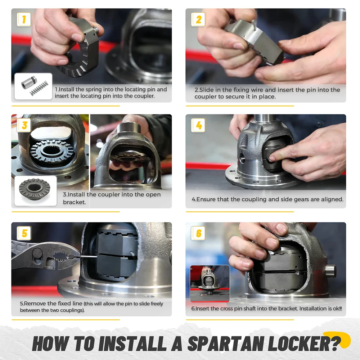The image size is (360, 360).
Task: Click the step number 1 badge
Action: click(24, 19)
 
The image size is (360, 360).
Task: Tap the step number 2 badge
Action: click(198, 19)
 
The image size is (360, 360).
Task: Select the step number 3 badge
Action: click(24, 125)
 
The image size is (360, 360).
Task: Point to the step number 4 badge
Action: click(198, 125)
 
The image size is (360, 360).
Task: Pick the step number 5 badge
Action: click(24, 233)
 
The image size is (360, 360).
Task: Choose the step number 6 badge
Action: click(198, 233)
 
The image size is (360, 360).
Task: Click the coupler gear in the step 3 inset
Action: click(35, 189)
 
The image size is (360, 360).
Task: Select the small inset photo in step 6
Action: click(210, 283)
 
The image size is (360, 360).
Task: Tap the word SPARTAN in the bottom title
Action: click(225, 343)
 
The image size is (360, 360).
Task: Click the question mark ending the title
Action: click(337, 343)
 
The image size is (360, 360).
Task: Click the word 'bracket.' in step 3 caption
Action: click(75, 202)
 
